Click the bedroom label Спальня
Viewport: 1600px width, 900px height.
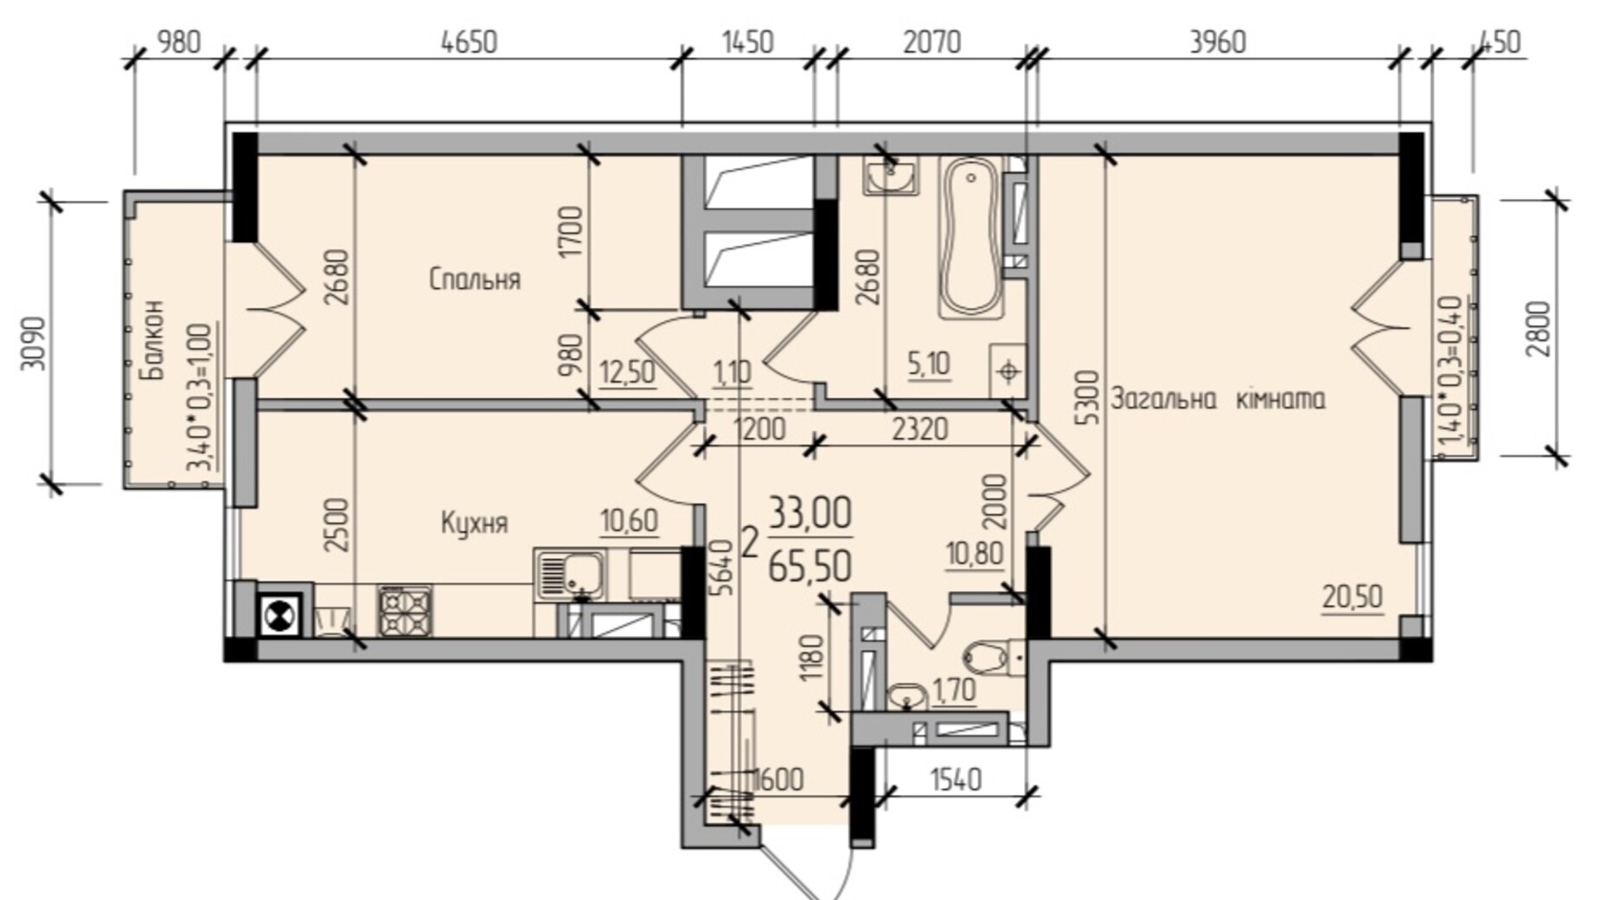[475, 280]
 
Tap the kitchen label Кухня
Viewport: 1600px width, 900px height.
[474, 523]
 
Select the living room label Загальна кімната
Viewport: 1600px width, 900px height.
[1218, 399]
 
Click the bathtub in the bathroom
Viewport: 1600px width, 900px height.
[971, 236]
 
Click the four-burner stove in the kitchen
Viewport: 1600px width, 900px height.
[405, 611]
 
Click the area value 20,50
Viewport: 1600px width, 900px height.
[1353, 597]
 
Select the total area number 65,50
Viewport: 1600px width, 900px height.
[810, 565]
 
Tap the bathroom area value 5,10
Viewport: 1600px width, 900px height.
[929, 363]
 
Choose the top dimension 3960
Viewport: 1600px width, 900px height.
[1218, 42]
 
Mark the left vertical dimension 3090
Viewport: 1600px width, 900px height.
[33, 343]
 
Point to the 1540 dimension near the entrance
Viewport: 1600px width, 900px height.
[957, 780]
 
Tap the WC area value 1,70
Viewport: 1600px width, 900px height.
[954, 690]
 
